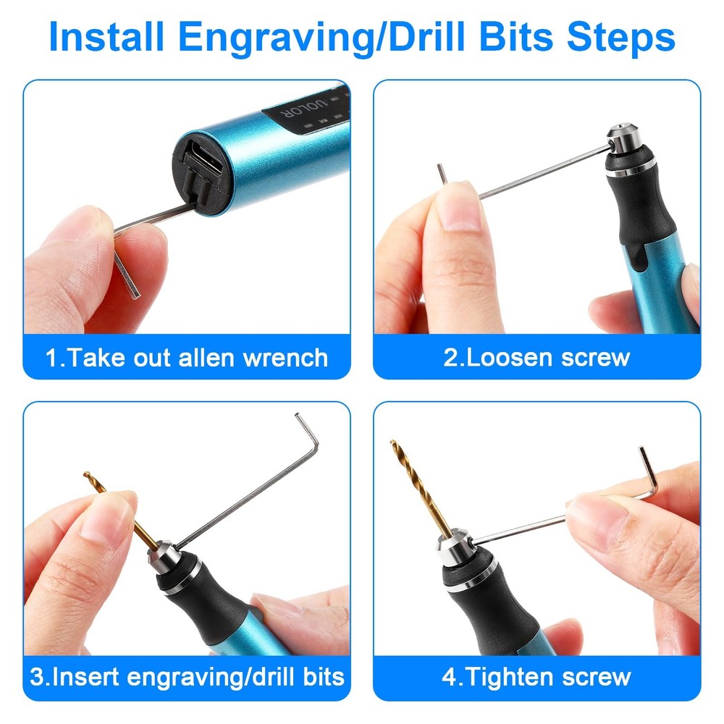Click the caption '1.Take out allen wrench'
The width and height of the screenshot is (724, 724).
pos(187,357)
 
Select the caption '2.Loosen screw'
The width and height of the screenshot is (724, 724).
pos(536,357)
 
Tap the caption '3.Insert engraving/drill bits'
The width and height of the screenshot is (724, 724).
pos(187,678)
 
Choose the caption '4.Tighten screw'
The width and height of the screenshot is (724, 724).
pos(536,678)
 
